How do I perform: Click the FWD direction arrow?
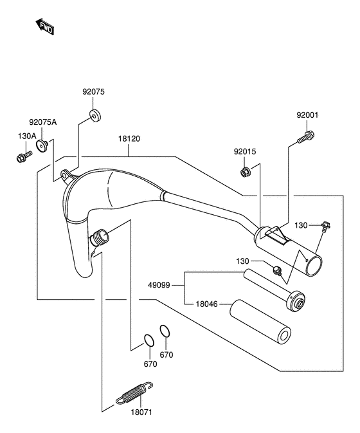tap(45, 26)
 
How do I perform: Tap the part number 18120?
tap(129, 138)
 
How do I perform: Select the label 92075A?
tap(43, 122)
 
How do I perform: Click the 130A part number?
tap(27, 136)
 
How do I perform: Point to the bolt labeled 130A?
tap(24, 156)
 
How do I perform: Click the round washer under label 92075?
tap(95, 115)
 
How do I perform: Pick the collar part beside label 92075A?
tap(42, 145)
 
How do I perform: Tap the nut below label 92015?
tap(245, 172)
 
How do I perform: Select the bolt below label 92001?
tap(306, 137)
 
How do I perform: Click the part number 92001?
tap(307, 115)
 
